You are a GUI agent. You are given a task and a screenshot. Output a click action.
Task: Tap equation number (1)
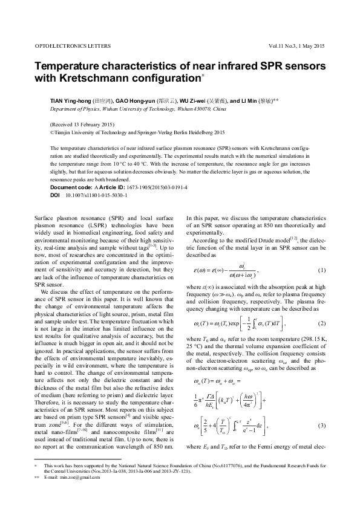321,270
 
